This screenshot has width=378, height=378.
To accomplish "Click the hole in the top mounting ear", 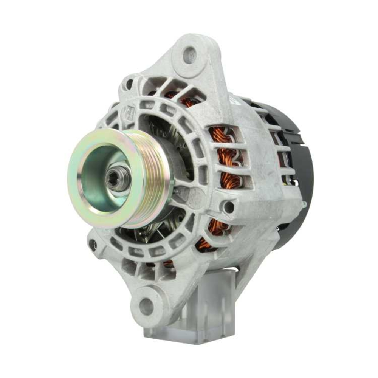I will point(190,55).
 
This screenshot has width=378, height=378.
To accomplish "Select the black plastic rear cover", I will point(299,170).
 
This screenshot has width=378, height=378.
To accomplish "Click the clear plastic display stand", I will point(212,302).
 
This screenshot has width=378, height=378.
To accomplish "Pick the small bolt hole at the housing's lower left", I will point(92,245).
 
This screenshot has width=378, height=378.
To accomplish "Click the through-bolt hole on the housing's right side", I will point(228,207).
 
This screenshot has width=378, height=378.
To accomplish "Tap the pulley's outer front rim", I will point(76,189).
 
